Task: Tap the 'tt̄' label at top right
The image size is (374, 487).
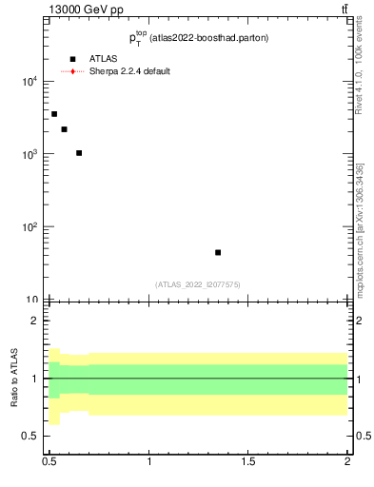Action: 344,10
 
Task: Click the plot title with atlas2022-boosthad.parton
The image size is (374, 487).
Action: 199,38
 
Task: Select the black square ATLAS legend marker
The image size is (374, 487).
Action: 72,59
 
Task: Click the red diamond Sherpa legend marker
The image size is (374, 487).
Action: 72,71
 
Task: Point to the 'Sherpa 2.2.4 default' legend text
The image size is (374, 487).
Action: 129,71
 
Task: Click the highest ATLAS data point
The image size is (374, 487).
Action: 54,114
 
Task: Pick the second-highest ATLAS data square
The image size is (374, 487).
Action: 64,129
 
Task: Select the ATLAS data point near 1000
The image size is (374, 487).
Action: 79,153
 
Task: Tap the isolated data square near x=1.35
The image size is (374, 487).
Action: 218,252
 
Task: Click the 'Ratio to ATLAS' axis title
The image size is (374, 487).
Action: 14,378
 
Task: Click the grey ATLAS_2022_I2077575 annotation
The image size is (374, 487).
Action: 198,283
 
